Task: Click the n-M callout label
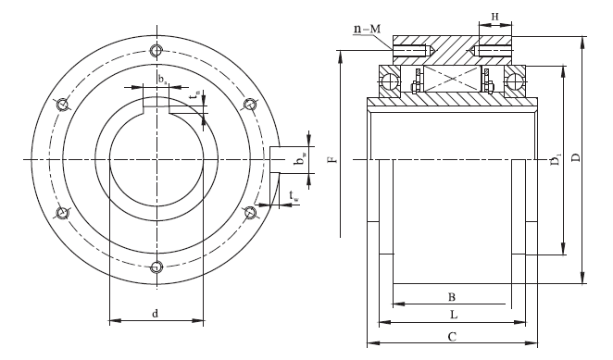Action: coord(367,30)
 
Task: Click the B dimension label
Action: coord(451,297)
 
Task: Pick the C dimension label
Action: coord(451,337)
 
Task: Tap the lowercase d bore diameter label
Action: coord(155,315)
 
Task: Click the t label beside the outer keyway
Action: coord(294,195)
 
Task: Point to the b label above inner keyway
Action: coord(161,79)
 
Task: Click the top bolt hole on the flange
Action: coord(157,50)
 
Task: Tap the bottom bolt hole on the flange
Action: coord(157,268)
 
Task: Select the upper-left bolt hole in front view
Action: coord(63,105)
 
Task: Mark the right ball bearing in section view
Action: coord(514,83)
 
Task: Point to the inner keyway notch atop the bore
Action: coord(156,106)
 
